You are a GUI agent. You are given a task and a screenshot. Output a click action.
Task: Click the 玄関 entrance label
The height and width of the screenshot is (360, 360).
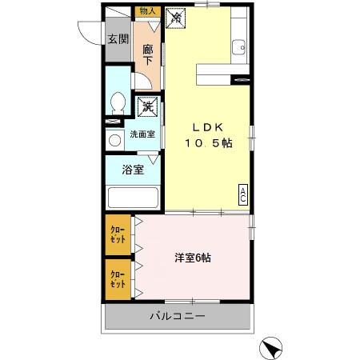(118, 38)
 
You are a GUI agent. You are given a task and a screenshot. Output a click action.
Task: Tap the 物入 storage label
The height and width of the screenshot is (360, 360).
(147, 11)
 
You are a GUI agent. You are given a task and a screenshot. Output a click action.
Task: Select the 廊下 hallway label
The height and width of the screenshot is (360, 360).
(148, 54)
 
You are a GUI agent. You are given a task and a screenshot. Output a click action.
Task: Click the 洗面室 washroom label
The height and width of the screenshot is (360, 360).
(142, 134)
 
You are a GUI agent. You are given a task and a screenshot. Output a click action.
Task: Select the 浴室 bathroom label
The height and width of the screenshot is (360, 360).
(132, 170)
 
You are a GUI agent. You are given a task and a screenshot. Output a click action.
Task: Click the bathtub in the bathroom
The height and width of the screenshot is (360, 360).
(133, 197)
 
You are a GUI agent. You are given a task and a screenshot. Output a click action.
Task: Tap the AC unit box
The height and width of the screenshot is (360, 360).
(242, 195)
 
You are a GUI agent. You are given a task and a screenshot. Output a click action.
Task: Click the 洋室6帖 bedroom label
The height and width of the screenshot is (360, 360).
(194, 258)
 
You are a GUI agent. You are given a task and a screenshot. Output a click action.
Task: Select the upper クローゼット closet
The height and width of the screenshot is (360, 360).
(118, 235)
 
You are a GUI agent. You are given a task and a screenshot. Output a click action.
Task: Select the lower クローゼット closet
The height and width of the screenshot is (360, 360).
(118, 279)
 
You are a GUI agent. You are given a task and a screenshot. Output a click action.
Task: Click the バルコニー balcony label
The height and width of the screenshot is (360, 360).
(178, 317)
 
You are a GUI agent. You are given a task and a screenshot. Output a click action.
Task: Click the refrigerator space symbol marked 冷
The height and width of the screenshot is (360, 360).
(176, 18)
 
